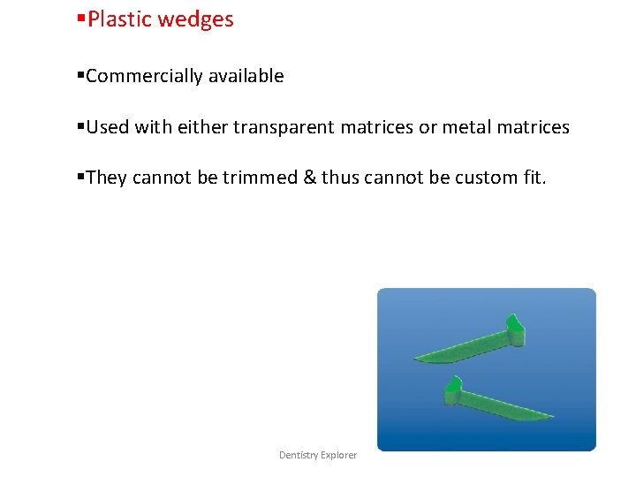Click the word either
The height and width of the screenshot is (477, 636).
pyautogui.click(x=202, y=127)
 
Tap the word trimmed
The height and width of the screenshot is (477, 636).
pyautogui.click(x=260, y=178)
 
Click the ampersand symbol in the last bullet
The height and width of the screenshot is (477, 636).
pyautogui.click(x=309, y=178)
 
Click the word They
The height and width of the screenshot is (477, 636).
pyautogui.click(x=107, y=178)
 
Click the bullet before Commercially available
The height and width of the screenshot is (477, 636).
pyautogui.click(x=80, y=76)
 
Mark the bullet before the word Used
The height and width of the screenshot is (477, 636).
pyautogui.click(x=80, y=126)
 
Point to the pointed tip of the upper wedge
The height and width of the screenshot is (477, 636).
pyautogui.click(x=417, y=359)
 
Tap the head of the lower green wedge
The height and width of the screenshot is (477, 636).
pyautogui.click(x=452, y=390)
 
